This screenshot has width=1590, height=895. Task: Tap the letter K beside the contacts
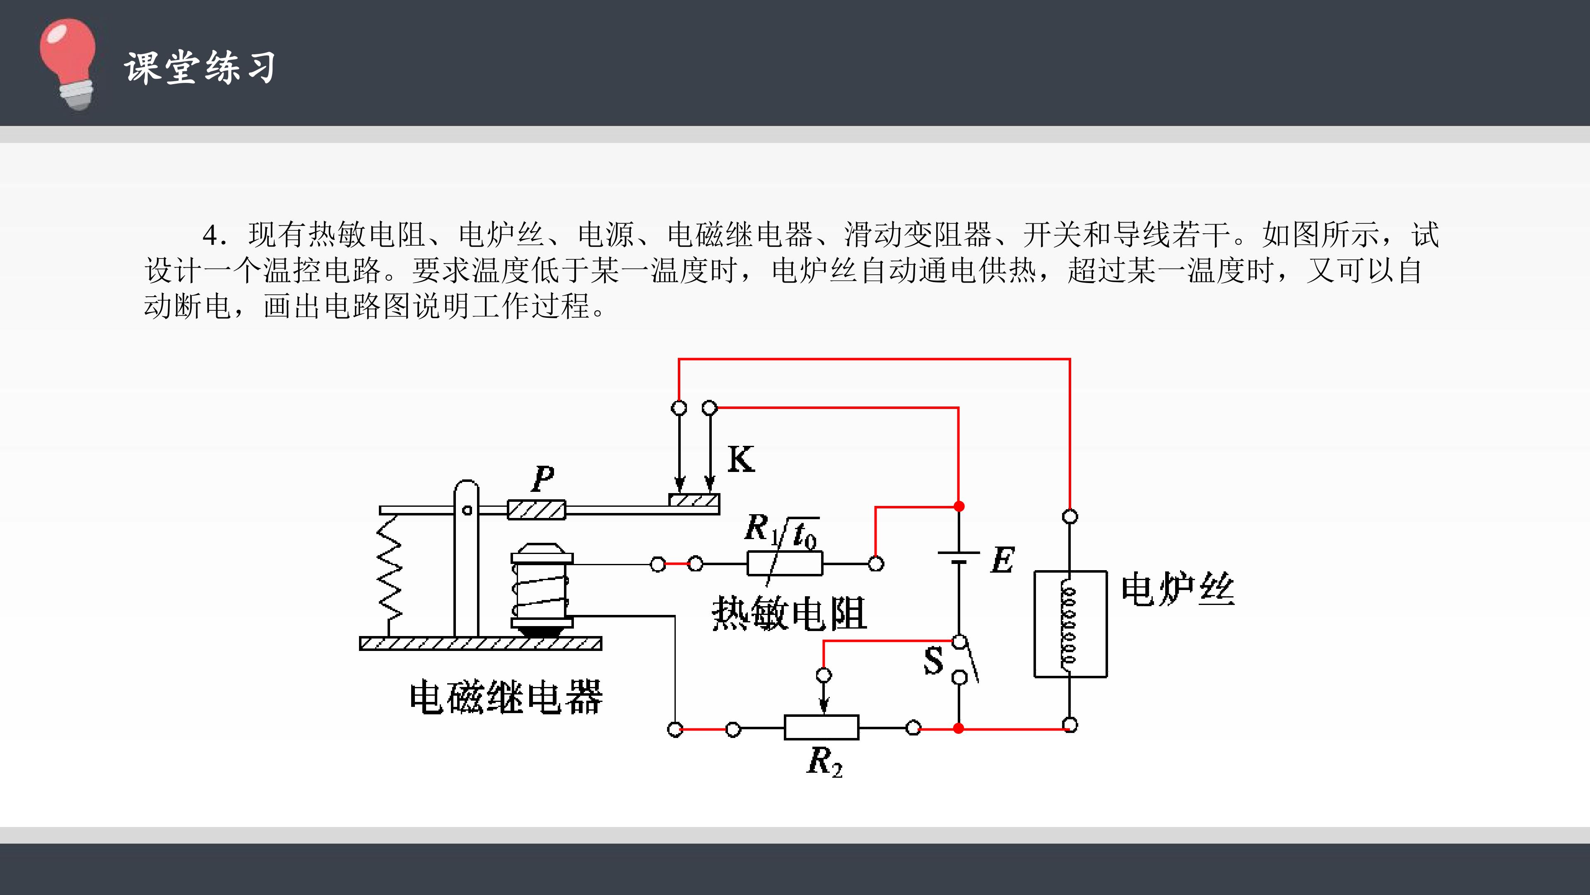pos(741,460)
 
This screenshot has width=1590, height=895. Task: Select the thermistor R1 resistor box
pos(785,564)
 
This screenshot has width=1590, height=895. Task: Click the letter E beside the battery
pos(1003,560)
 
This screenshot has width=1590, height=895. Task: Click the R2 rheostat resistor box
pos(821,728)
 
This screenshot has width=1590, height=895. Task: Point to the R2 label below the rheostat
pos(825,762)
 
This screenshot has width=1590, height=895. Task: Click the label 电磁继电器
pos(506,697)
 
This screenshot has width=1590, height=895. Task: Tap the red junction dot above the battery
pos(959,506)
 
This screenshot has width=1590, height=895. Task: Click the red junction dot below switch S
pos(959,728)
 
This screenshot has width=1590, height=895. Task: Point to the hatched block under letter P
pos(536,510)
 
